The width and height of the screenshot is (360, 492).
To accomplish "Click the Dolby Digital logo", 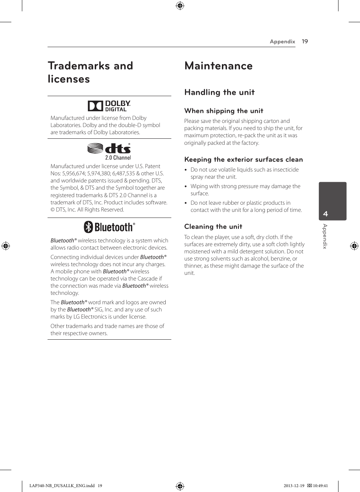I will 109,106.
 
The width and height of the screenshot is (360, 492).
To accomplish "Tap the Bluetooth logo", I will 109,227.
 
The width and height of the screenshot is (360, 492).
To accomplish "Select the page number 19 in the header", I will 305,41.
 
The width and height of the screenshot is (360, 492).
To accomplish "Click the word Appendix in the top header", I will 282,41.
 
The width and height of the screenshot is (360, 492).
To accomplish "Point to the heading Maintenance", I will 218,66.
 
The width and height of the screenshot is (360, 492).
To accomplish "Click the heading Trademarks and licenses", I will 90,72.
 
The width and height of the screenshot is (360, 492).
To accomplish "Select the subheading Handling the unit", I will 219,92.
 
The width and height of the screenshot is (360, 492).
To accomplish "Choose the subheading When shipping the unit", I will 223,111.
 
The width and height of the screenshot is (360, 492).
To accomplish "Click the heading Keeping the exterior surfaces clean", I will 243,159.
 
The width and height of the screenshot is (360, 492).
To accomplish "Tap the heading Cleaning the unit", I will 213,227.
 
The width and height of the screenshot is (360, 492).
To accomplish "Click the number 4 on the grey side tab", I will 326,214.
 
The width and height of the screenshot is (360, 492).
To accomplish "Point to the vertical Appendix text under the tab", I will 325,236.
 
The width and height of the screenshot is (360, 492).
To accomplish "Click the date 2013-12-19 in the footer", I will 294,486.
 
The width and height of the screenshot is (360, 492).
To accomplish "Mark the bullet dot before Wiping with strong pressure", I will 186,186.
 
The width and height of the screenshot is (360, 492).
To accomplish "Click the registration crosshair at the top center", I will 180,6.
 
